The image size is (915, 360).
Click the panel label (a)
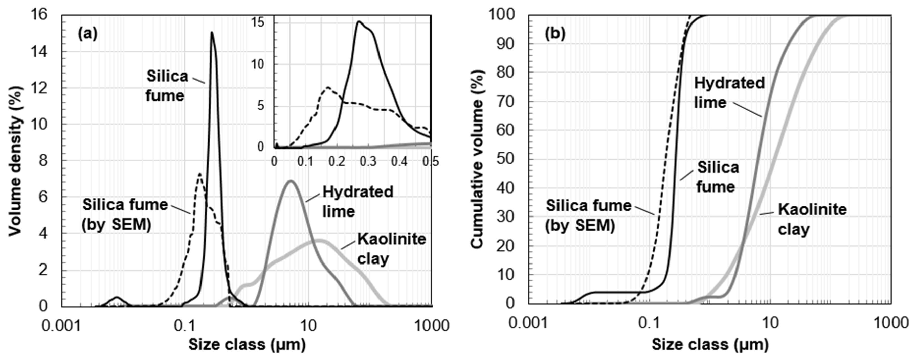(87, 34)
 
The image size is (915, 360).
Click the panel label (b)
(555, 34)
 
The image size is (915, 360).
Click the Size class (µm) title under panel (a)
(247, 344)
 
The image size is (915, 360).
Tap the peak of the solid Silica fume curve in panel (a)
(212, 33)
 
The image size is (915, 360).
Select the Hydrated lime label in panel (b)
(729, 92)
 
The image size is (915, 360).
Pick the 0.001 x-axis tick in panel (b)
(528, 323)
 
